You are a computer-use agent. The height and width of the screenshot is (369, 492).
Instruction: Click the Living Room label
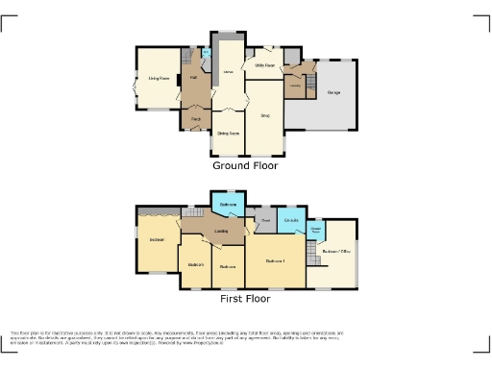coord(159,79)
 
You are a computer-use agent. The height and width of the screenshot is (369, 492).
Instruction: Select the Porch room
coord(195,119)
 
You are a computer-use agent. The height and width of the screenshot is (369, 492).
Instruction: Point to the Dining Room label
coord(228,133)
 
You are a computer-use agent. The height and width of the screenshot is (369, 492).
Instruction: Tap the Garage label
coord(333,93)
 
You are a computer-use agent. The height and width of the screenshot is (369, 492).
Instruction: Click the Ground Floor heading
coord(245,165)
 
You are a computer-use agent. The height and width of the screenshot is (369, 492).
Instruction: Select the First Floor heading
coord(245,299)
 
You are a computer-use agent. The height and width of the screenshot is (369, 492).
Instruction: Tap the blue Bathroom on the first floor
coord(229,207)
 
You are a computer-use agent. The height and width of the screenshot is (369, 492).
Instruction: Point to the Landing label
coord(220,232)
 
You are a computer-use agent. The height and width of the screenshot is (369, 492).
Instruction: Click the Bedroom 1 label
coord(277,259)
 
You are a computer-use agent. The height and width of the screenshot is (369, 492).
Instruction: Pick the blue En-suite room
coord(292,221)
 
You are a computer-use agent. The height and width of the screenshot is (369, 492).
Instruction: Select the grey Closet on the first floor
coord(264,221)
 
